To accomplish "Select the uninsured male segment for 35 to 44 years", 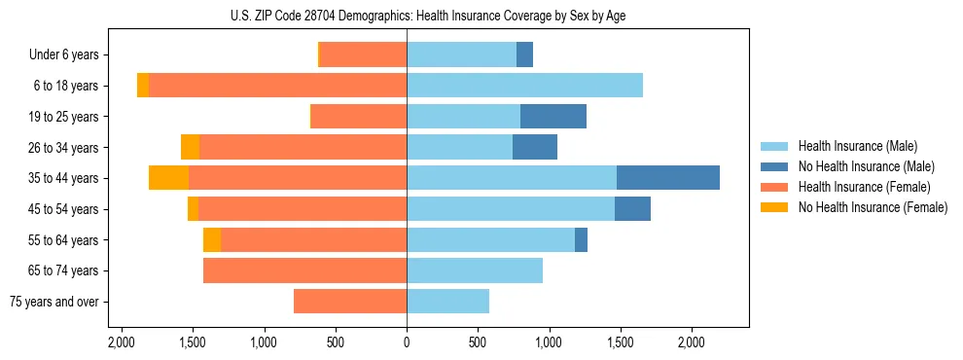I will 667,178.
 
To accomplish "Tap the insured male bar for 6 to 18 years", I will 524,86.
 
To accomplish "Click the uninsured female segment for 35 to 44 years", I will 168,178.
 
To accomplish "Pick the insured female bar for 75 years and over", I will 350,302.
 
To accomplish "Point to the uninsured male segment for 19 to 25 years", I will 553,117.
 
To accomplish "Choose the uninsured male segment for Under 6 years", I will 524,54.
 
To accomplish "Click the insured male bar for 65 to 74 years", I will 475,270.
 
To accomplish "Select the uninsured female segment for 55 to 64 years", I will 212,239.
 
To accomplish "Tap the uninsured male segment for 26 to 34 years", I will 534,147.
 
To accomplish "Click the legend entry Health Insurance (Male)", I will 857,146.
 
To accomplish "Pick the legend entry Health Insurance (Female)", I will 864,187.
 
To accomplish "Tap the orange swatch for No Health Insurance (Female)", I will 774,207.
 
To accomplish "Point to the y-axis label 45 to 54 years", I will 64,209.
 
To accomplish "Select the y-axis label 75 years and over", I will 54,302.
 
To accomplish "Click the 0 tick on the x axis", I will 407,343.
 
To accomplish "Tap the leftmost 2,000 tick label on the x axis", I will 122,343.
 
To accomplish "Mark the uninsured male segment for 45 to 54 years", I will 632,209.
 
